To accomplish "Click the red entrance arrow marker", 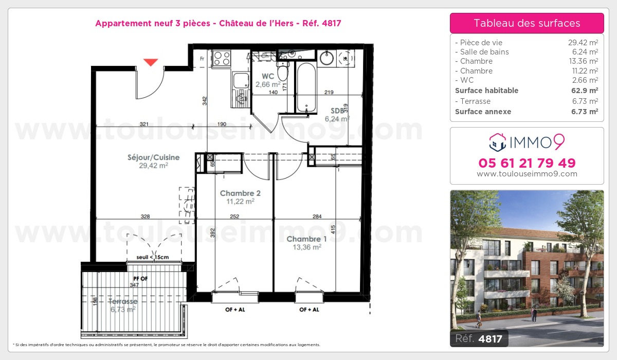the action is point(151,62).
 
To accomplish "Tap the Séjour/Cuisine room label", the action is point(153,157).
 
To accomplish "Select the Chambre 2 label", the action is point(240,193).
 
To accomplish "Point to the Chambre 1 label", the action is point(306,239).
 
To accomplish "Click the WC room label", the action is point(268,76).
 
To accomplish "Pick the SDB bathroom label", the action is point(337,111).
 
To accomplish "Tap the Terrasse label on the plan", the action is point(123,301).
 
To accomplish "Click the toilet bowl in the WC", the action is point(283,71).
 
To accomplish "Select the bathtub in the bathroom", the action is point(306,87).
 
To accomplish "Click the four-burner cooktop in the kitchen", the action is point(222,59).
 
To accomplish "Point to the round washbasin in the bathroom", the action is point(326,58).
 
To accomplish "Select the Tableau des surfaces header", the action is point(527,23).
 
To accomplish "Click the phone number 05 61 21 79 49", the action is point(527,163).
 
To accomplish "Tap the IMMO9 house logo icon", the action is point(498,142).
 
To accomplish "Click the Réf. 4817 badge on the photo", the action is point(479,338).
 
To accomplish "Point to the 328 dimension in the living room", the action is point(145,217).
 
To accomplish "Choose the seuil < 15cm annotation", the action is point(153,257).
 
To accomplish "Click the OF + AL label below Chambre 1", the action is point(309,310).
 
